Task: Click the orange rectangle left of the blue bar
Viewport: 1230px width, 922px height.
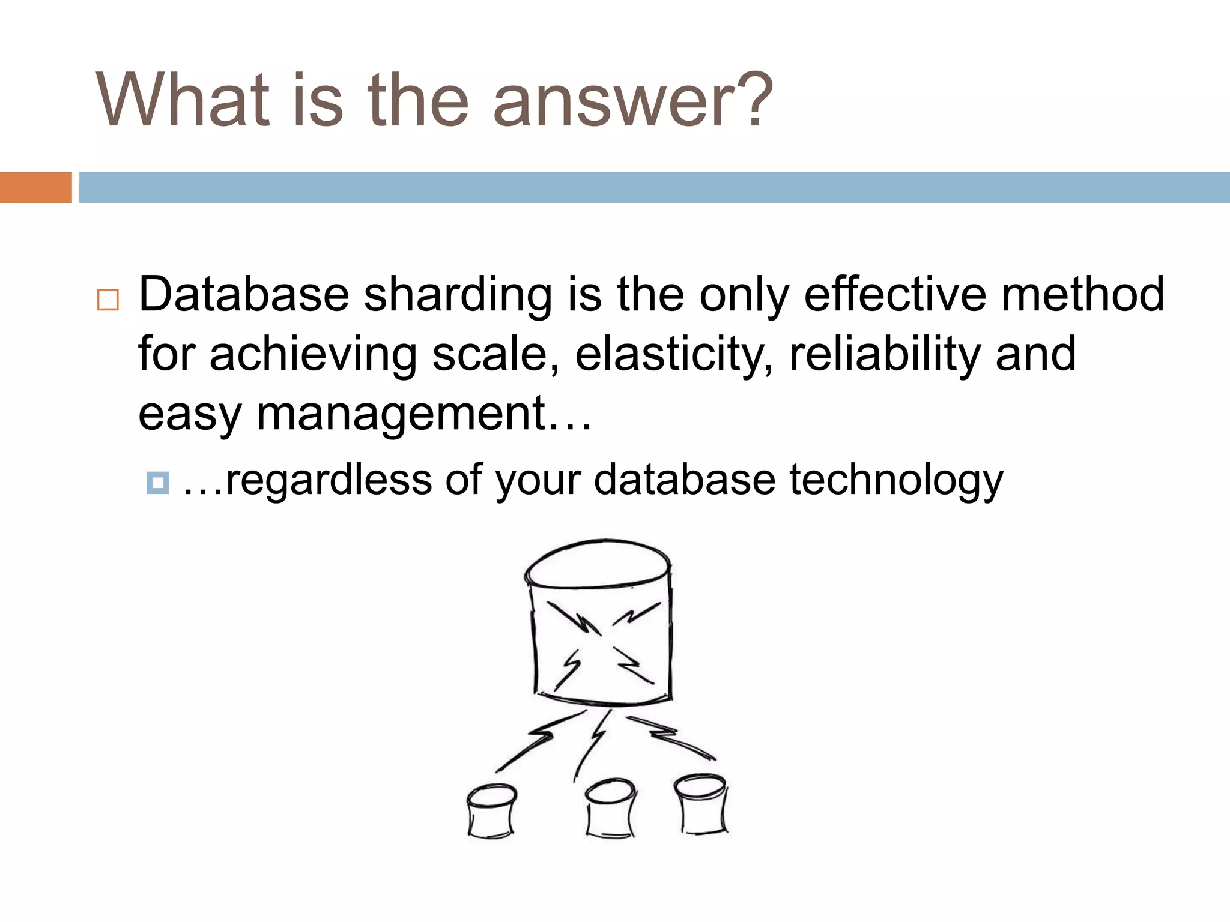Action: [x=35, y=187]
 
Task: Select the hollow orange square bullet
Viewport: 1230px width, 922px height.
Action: [x=108, y=300]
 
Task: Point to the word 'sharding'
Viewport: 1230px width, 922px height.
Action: [x=458, y=295]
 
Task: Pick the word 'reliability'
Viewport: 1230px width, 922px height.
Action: [x=884, y=354]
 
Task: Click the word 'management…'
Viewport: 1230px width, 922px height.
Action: [x=424, y=414]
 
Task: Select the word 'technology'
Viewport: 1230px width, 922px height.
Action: [x=895, y=480]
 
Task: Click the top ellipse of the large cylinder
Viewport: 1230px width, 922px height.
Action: [x=598, y=562]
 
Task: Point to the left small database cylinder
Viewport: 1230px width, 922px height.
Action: [x=491, y=812]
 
